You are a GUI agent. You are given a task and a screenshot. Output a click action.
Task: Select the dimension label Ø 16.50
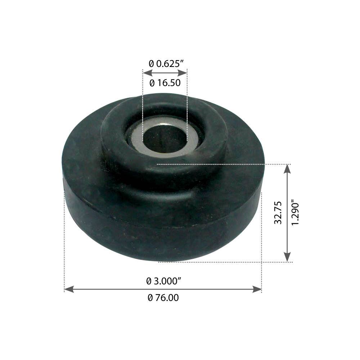coord(165,83)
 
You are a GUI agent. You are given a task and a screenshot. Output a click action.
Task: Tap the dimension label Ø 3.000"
coord(163,281)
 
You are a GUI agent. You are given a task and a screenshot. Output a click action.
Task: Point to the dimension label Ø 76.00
coord(163,298)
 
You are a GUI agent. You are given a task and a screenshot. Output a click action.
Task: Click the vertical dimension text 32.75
coord(278,213)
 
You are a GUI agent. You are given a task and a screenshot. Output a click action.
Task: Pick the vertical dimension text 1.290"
coord(296,213)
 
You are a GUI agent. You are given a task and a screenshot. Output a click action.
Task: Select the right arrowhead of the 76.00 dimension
coord(257,289)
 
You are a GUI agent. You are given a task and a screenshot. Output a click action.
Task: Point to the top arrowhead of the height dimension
coord(287,168)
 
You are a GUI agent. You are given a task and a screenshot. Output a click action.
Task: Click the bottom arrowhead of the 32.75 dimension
coord(287,257)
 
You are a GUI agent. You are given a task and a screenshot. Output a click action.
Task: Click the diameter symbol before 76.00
coord(150,298)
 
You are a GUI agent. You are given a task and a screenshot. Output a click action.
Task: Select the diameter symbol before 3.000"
coord(149,281)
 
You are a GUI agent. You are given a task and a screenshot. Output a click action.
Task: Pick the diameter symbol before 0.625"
coord(151,63)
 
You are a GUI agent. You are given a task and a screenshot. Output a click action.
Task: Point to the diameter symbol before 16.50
coord(152,83)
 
